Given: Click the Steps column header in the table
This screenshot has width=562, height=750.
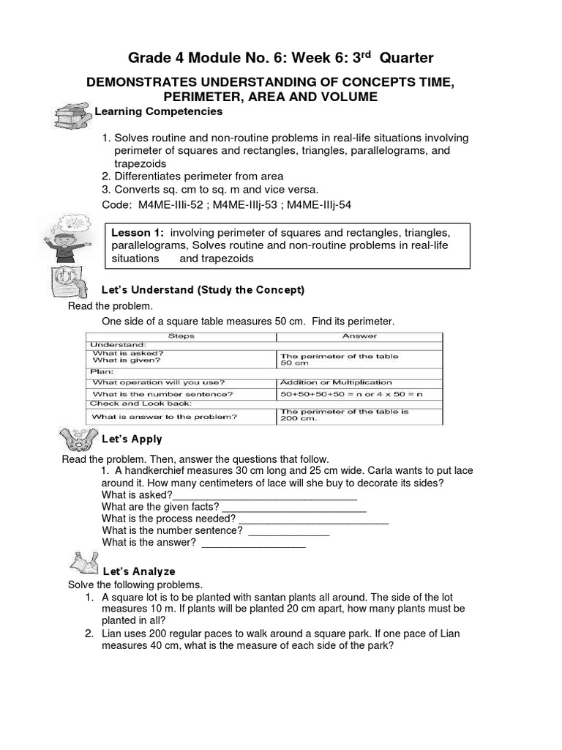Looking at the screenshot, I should pyautogui.click(x=181, y=336).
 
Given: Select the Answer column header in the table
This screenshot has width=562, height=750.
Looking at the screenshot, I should pyautogui.click(x=360, y=336).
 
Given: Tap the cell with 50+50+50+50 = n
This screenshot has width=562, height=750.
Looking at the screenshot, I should pyautogui.click(x=340, y=394).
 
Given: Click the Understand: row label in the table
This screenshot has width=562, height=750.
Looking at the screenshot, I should pyautogui.click(x=119, y=344).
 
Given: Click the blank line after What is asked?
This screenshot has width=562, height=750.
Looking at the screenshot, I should pyautogui.click(x=264, y=495).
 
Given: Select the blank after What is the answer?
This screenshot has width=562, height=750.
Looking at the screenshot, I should pyautogui.click(x=253, y=543).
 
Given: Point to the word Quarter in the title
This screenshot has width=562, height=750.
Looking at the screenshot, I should pyautogui.click(x=407, y=57).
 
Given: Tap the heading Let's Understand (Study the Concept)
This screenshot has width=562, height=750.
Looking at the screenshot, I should pyautogui.click(x=203, y=290).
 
